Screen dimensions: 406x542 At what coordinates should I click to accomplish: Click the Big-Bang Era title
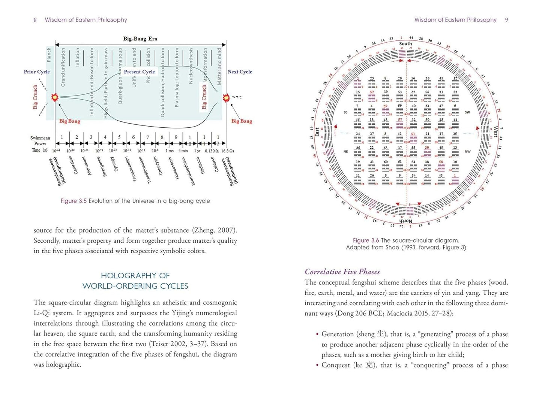pyautogui.click(x=140, y=39)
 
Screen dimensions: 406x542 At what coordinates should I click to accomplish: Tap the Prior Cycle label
pyautogui.click(x=36, y=72)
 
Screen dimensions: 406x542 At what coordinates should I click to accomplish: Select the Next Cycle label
pyautogui.click(x=240, y=72)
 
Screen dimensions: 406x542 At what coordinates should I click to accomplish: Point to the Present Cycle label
pyautogui.click(x=139, y=72)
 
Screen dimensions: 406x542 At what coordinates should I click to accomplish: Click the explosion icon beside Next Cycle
pyautogui.click(x=226, y=98)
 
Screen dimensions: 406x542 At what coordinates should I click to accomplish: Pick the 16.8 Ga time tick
pyautogui.click(x=227, y=151)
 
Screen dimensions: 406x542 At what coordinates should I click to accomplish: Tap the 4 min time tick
pyautogui.click(x=183, y=151)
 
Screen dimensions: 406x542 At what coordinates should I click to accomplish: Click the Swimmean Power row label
pyautogui.click(x=40, y=140)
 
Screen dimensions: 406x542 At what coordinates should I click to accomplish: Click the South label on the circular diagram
pyautogui.click(x=405, y=43)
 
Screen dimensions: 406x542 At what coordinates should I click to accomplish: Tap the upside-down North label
pyautogui.click(x=405, y=221)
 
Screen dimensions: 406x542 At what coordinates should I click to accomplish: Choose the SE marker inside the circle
pyautogui.click(x=345, y=112)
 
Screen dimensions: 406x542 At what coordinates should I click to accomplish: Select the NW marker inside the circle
pyautogui.click(x=467, y=152)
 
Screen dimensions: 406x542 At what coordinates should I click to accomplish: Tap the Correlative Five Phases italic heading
pyautogui.click(x=342, y=272)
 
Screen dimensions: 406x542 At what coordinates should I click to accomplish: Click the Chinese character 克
pyautogui.click(x=369, y=365)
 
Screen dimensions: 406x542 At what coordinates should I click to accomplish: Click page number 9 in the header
pyautogui.click(x=506, y=20)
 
